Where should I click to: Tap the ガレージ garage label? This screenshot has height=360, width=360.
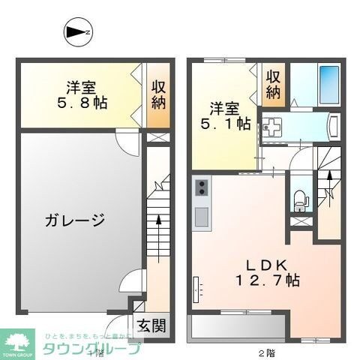pyautogui.click(x=72, y=220)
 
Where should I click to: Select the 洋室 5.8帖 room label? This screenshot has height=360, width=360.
pyautogui.click(x=80, y=94)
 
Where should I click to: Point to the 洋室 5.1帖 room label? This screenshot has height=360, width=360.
pyautogui.click(x=225, y=115)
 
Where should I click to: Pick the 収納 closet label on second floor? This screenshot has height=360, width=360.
pyautogui.click(x=274, y=84)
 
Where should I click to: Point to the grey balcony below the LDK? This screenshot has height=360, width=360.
pyautogui.click(x=237, y=328)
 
